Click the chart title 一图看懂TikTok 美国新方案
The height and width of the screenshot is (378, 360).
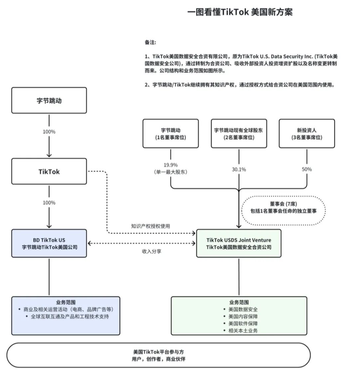tap(240, 12)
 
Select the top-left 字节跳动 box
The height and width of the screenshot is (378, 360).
tap(49, 100)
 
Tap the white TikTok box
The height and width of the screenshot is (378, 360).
tap(49, 171)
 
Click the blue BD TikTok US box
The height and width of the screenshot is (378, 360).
tap(49, 244)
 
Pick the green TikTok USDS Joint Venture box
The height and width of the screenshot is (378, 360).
tap(239, 244)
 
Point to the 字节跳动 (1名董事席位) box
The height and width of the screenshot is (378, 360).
tap(171, 134)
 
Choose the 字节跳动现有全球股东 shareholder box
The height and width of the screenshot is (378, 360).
tap(239, 134)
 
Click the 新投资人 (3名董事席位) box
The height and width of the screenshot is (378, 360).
tap(307, 134)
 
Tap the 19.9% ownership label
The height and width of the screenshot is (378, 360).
tap(171, 165)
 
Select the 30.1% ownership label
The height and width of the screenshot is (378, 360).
tap(239, 169)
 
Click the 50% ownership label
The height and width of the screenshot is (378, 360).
tap(307, 169)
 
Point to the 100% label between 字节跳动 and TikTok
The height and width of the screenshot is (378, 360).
tap(49, 132)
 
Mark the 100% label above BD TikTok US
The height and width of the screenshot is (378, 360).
tap(49, 203)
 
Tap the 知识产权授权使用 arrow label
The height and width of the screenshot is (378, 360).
tap(151, 226)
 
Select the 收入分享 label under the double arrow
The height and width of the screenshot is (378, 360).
tap(152, 251)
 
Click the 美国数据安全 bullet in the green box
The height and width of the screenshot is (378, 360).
tap(243, 309)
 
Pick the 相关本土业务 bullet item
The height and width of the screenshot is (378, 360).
tap(243, 331)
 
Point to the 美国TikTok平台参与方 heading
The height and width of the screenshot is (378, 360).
tap(159, 352)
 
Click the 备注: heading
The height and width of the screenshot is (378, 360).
tap(150, 42)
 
